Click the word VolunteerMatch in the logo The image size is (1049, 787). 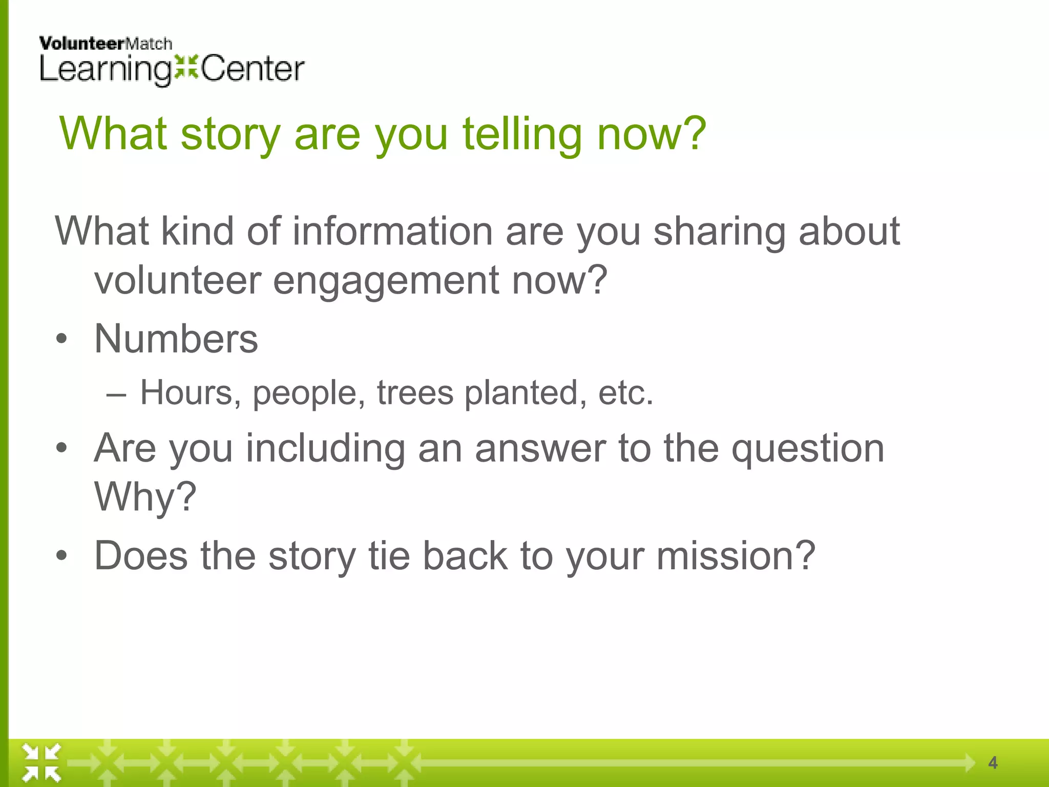pyautogui.click(x=105, y=44)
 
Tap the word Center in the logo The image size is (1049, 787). pyautogui.click(x=253, y=69)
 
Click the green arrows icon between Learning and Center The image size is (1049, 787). pyautogui.click(x=186, y=67)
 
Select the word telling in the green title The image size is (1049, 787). pyautogui.click(x=522, y=134)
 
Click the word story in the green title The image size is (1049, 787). pyautogui.click(x=230, y=134)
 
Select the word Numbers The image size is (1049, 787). pyautogui.click(x=176, y=339)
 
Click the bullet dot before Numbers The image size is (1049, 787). pyautogui.click(x=61, y=339)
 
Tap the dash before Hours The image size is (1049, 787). pyautogui.click(x=116, y=394)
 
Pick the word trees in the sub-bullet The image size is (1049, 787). pyautogui.click(x=415, y=393)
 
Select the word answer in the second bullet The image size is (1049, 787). pyautogui.click(x=540, y=448)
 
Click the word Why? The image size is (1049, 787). pyautogui.click(x=145, y=497)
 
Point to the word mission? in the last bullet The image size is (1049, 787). pyautogui.click(x=736, y=556)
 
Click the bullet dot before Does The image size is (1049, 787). pyautogui.click(x=61, y=556)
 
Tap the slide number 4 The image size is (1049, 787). pyautogui.click(x=992, y=763)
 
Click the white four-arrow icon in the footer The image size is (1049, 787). pyautogui.click(x=41, y=763)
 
